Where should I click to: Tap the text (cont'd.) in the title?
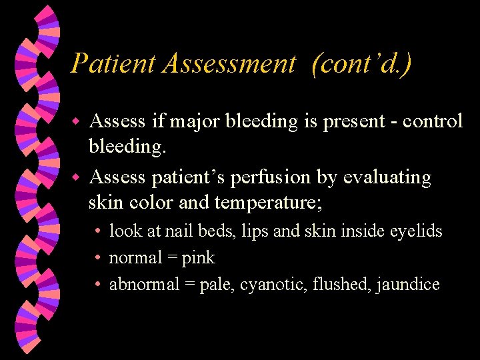tap(361, 63)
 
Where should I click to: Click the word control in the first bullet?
tap(429, 121)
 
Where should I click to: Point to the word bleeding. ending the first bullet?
tap(127, 145)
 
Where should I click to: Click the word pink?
tap(198, 257)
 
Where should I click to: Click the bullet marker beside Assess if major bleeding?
tap(76, 122)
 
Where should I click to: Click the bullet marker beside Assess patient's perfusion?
tap(76, 178)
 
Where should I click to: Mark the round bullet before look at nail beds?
tap(97, 231)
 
